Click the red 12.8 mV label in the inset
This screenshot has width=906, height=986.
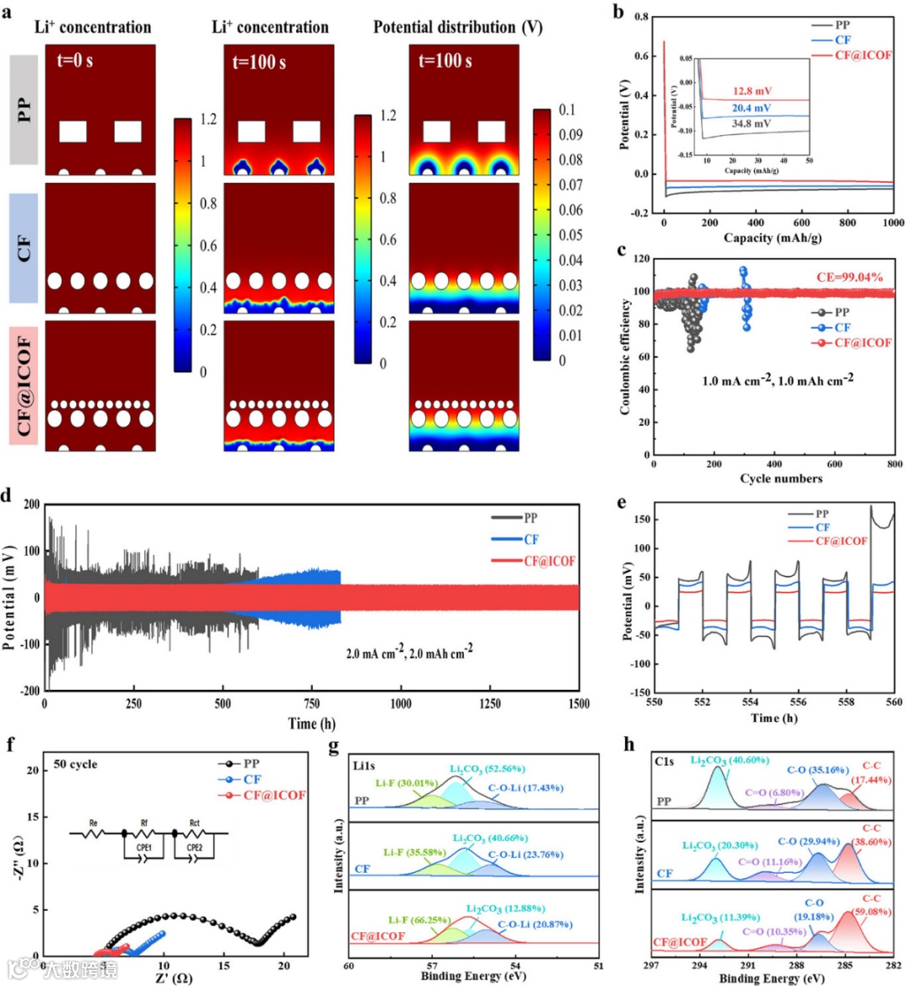click(x=752, y=91)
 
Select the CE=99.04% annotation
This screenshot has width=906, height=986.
click(x=850, y=278)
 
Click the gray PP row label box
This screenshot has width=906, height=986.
click(x=24, y=110)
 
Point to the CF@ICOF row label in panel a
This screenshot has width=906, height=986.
click(x=24, y=387)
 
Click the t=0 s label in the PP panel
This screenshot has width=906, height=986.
click(x=75, y=60)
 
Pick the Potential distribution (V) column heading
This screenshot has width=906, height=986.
click(x=458, y=27)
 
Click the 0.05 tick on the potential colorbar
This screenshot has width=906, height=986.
click(x=570, y=235)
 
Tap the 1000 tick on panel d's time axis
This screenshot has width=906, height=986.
click(x=400, y=704)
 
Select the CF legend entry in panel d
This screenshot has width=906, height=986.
click(x=531, y=540)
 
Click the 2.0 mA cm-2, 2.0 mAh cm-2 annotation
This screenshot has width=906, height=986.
click(x=409, y=651)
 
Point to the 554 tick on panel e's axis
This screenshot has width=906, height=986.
click(x=751, y=703)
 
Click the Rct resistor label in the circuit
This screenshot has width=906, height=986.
click(x=195, y=823)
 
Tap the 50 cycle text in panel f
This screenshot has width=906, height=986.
click(x=75, y=765)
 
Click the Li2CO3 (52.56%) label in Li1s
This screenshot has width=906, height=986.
click(x=487, y=769)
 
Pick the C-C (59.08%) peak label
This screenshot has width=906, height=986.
click(x=872, y=906)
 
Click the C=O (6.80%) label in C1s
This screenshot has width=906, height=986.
click(x=775, y=792)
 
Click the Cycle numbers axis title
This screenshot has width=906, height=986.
click(x=780, y=479)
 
